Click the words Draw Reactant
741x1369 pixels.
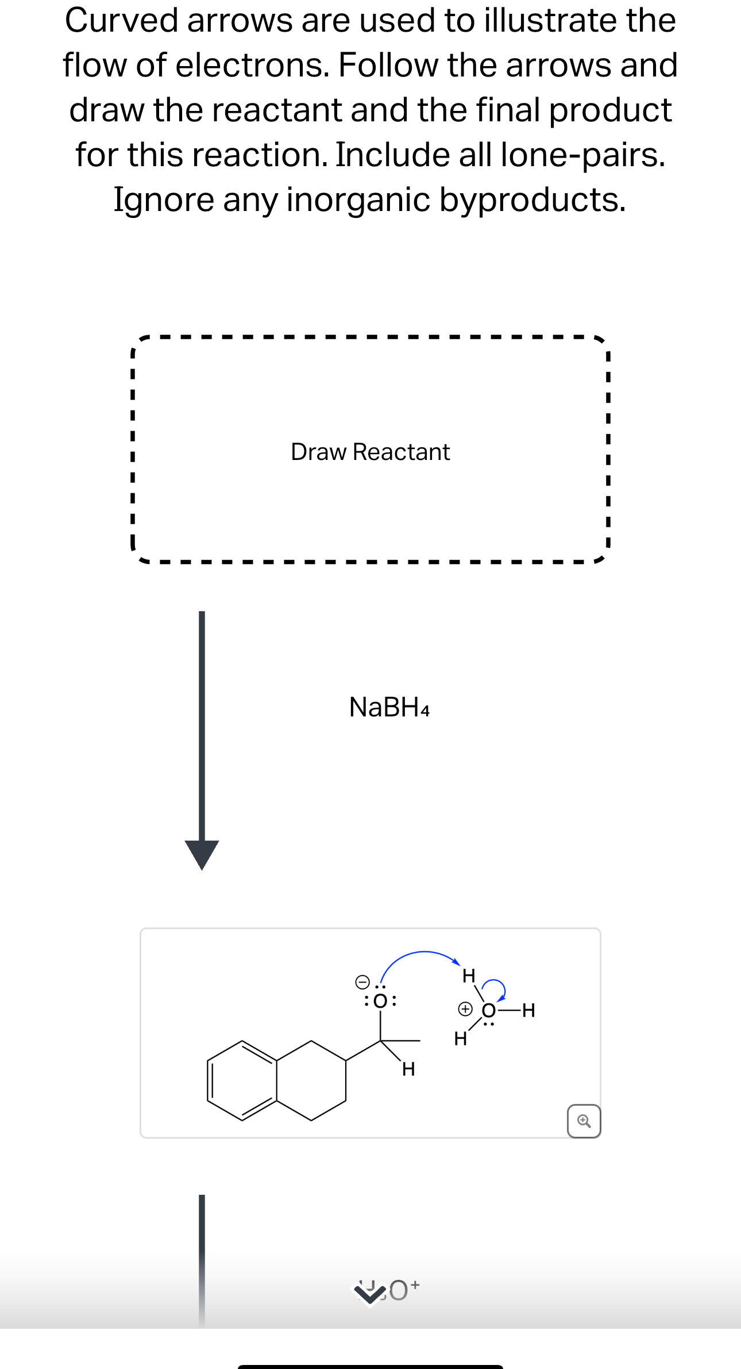point(370,452)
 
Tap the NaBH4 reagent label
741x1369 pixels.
point(389,707)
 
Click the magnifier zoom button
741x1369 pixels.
point(584,1121)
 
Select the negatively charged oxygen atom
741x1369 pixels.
point(380,1001)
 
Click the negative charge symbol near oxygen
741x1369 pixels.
point(362,980)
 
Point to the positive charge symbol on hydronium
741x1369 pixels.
point(465,1008)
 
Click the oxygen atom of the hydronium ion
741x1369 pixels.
point(488,1010)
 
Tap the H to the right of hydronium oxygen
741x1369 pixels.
point(528,1010)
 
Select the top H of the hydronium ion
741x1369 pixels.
point(469,975)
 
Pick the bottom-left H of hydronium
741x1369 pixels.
point(460,1038)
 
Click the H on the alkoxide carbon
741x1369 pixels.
point(408,1069)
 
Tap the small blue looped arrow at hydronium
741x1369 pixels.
point(495,988)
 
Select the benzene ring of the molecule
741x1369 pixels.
point(242,1080)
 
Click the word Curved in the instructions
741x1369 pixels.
point(122,21)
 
